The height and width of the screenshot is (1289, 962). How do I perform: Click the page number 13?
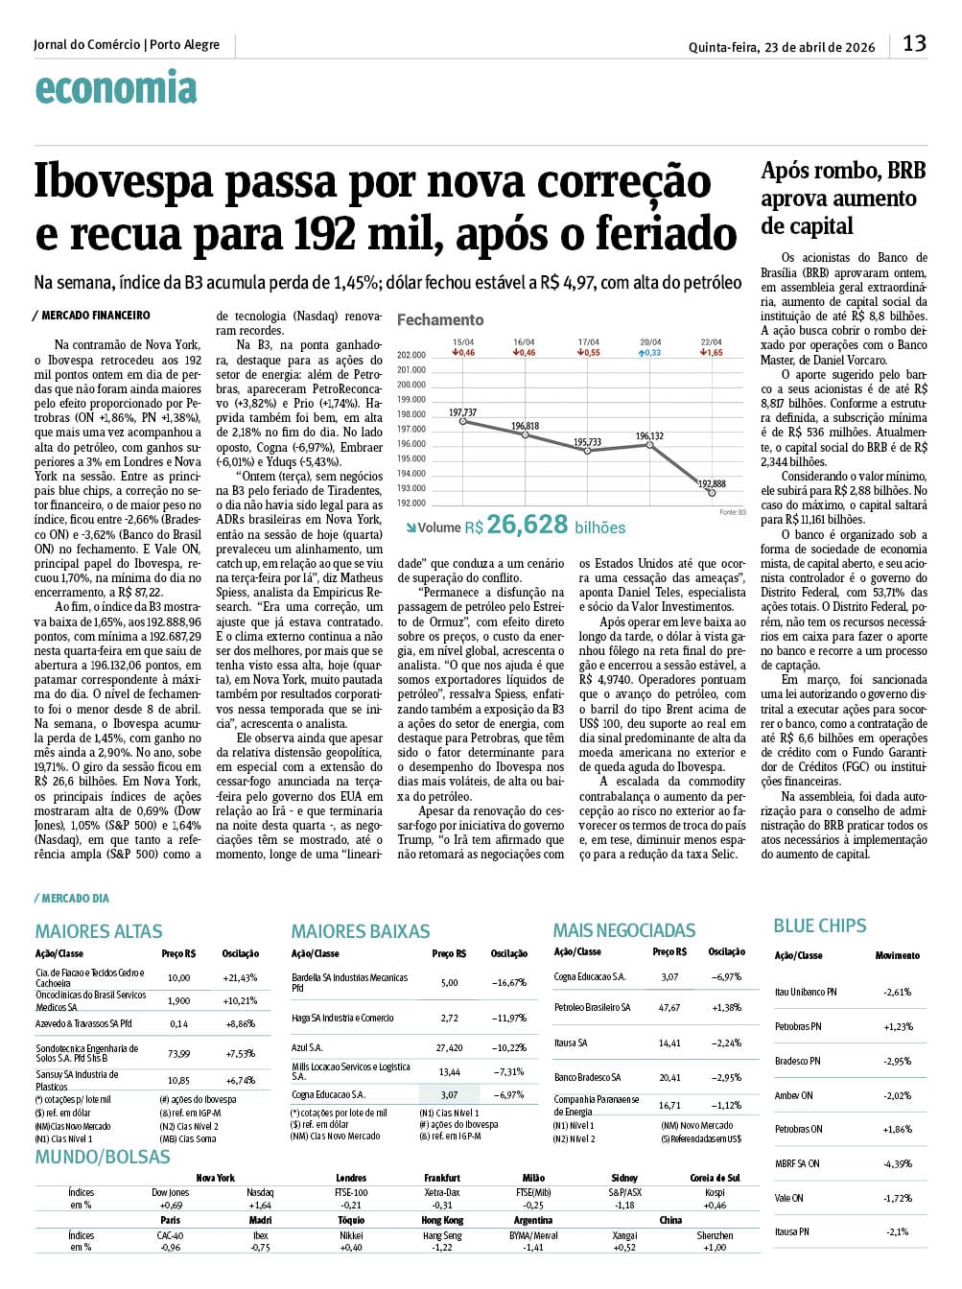(x=914, y=43)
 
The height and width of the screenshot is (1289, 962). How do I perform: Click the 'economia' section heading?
(x=116, y=89)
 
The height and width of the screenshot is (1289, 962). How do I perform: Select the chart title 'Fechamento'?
(x=440, y=320)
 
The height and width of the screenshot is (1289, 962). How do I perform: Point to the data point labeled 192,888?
(x=712, y=492)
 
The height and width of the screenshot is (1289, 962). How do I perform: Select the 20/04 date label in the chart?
(x=650, y=342)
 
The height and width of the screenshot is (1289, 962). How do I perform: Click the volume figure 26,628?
(x=527, y=525)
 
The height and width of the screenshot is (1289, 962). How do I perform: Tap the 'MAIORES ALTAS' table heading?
(x=99, y=931)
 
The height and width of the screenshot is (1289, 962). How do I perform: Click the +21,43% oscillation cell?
(x=240, y=978)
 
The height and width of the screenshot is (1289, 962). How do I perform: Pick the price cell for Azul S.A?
(x=449, y=1048)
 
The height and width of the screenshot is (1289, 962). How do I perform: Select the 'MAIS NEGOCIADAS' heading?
(x=624, y=930)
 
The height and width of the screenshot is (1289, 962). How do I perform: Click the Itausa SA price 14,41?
(x=669, y=1043)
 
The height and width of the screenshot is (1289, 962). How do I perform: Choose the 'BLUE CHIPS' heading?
(x=819, y=926)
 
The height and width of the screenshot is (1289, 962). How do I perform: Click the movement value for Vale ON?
(x=897, y=1198)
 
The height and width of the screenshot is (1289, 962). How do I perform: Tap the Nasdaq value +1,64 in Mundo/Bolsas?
(x=260, y=1206)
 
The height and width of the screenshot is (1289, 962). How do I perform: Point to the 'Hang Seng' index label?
(x=443, y=1236)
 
